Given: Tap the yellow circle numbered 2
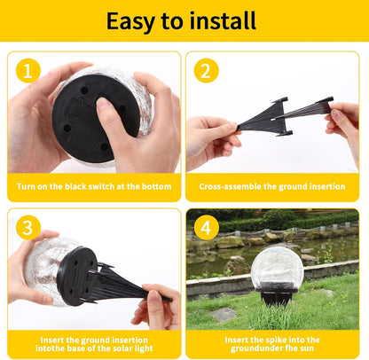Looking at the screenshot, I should click(206, 72).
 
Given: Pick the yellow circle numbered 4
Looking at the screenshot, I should click(206, 228).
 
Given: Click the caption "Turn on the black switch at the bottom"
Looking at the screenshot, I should click(94, 187).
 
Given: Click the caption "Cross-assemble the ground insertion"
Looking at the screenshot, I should click(272, 187).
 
